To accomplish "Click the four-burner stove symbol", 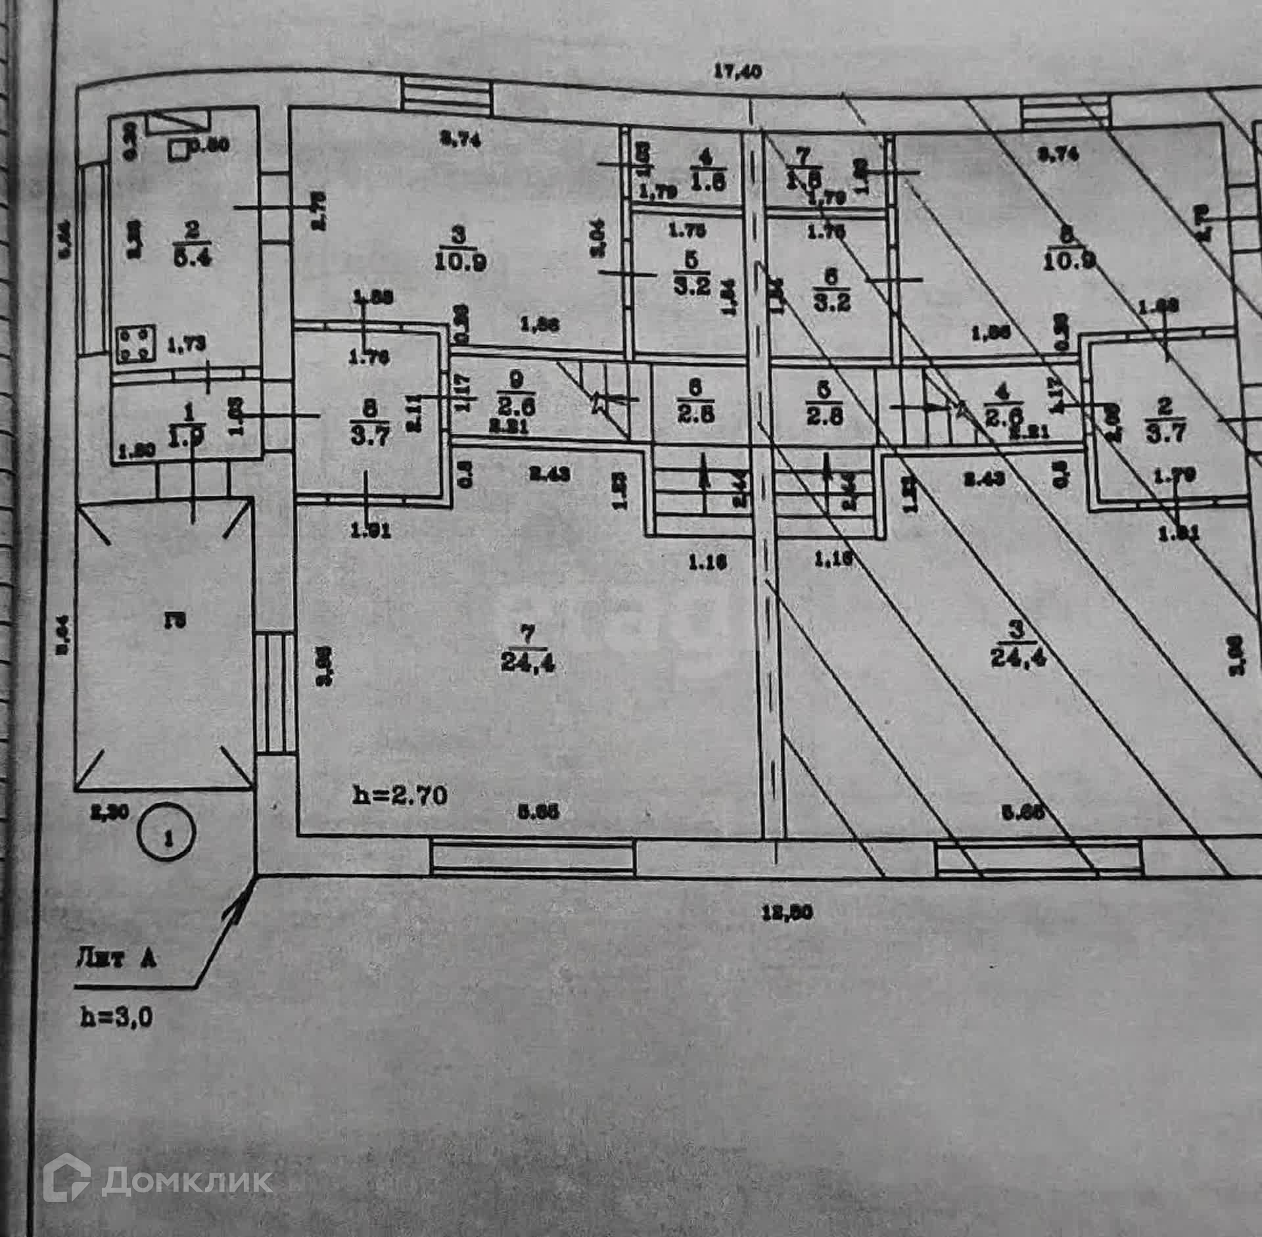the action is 135,344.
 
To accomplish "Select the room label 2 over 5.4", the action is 193,244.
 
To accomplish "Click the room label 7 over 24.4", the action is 527,648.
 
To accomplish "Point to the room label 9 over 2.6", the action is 517,393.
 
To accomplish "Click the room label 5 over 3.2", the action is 691,273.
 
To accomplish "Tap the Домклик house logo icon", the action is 66,1162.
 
